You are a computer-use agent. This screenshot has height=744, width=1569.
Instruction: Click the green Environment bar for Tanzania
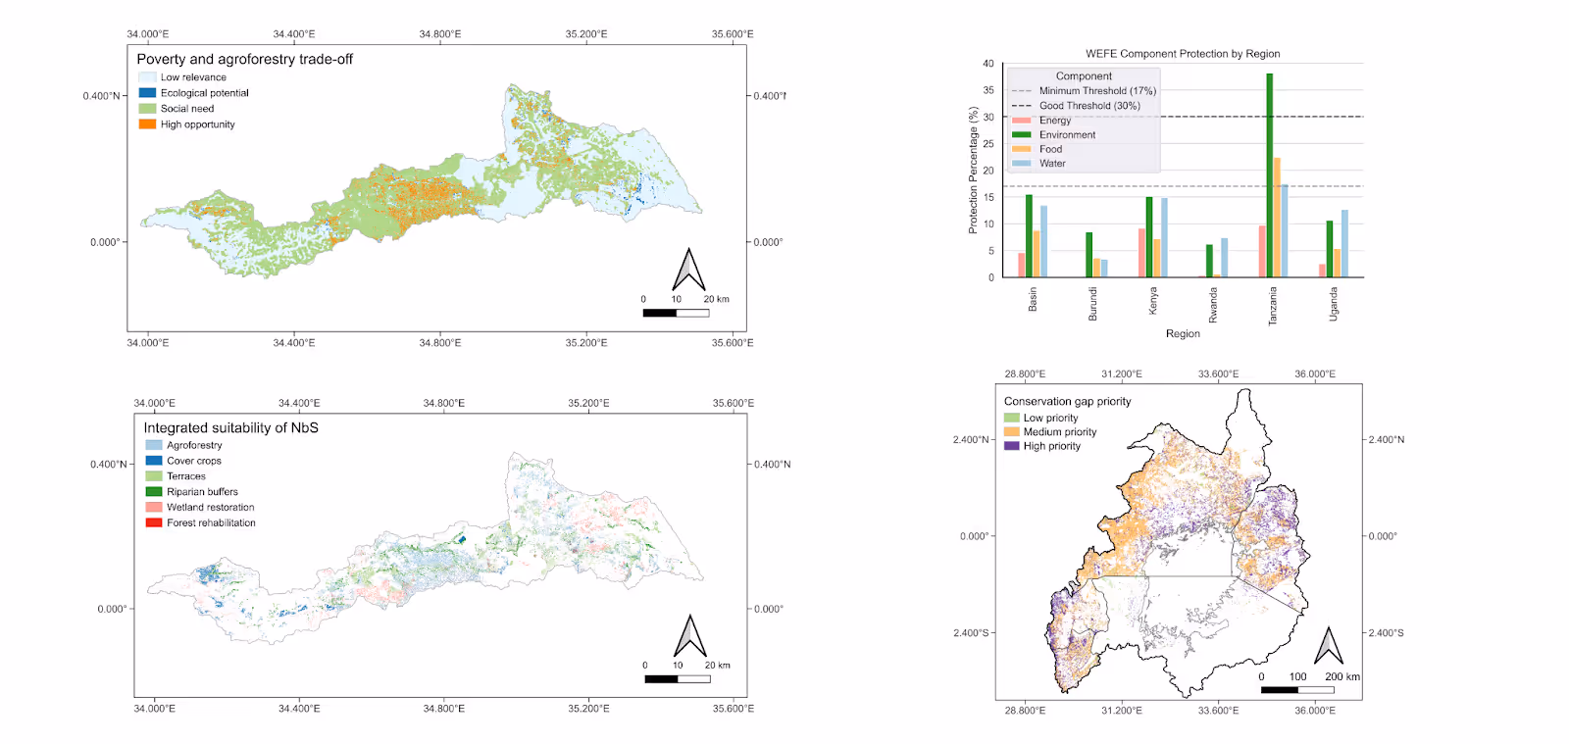pos(1270,176)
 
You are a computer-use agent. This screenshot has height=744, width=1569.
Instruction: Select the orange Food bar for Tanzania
pos(1277,218)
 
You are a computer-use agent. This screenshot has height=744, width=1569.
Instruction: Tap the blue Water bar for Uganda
pos(1344,244)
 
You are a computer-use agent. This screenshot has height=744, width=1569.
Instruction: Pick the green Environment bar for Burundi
pos(1088,255)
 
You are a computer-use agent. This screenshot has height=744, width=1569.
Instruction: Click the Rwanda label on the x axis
pos(1213,305)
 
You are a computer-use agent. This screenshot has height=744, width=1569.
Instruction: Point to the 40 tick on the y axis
pos(988,64)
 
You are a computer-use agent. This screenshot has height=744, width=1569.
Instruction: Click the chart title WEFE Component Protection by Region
pos(1183,54)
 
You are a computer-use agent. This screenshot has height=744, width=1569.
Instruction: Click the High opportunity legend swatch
pos(147,124)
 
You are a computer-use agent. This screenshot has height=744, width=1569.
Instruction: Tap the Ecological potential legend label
pos(205,93)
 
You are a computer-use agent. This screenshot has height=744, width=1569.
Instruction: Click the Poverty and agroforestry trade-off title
pos(244,59)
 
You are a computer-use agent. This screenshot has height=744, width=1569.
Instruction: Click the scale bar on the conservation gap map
pos(1296,689)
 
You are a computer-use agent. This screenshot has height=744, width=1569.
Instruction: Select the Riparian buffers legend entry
pos(202,492)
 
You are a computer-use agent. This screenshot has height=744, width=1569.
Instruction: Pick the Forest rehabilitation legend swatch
pos(154,522)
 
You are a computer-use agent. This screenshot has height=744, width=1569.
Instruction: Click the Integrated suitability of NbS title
pos(230,428)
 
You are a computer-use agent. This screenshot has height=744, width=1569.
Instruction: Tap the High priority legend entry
pos(1051,446)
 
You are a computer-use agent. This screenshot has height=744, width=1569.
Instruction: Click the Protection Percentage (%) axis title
pos(973,171)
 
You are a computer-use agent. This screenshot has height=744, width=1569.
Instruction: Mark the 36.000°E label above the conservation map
pos(1315,374)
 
